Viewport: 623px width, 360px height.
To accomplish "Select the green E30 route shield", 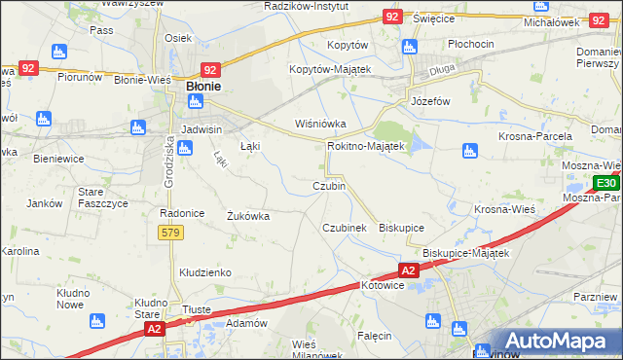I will pyautogui.click(x=606, y=183).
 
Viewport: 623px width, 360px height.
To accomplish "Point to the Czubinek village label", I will pyautogui.click(x=344, y=227).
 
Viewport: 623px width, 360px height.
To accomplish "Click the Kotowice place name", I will pyautogui.click(x=383, y=285).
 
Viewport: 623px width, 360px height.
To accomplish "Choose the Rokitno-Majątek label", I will pyautogui.click(x=365, y=146).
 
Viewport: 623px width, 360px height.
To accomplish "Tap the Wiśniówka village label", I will pyautogui.click(x=320, y=124).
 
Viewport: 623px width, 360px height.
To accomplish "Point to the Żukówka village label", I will pyautogui.click(x=247, y=216).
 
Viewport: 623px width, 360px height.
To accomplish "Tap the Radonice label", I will pyautogui.click(x=180, y=212).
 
